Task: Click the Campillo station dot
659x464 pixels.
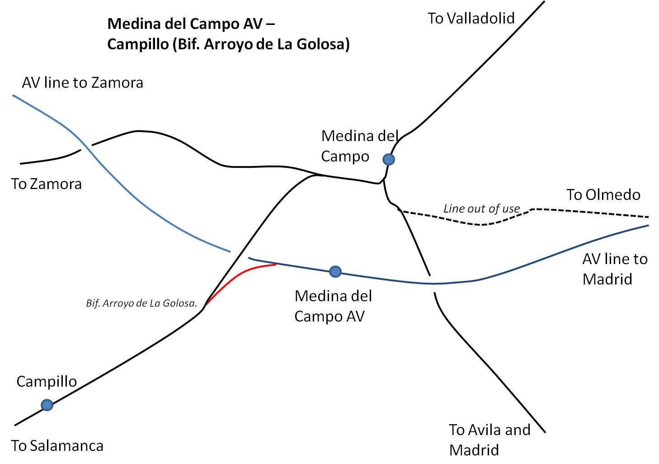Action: [47, 405]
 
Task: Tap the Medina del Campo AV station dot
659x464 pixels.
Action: [335, 271]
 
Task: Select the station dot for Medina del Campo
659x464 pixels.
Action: [389, 159]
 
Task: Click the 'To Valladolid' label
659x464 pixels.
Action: [471, 18]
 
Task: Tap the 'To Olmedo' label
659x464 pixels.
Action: [603, 194]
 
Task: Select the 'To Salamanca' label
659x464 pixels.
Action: [57, 446]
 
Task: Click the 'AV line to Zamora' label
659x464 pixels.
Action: [82, 82]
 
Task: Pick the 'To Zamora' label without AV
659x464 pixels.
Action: [46, 184]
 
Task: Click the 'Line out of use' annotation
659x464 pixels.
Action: [482, 208]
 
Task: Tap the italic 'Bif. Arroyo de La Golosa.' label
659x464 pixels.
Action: [141, 303]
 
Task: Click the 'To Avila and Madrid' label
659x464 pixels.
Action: [490, 440]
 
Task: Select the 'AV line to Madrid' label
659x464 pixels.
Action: [615, 269]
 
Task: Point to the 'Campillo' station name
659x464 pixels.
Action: [47, 382]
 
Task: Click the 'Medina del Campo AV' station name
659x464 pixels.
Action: [333, 306]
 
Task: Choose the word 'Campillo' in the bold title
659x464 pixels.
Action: [138, 44]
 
